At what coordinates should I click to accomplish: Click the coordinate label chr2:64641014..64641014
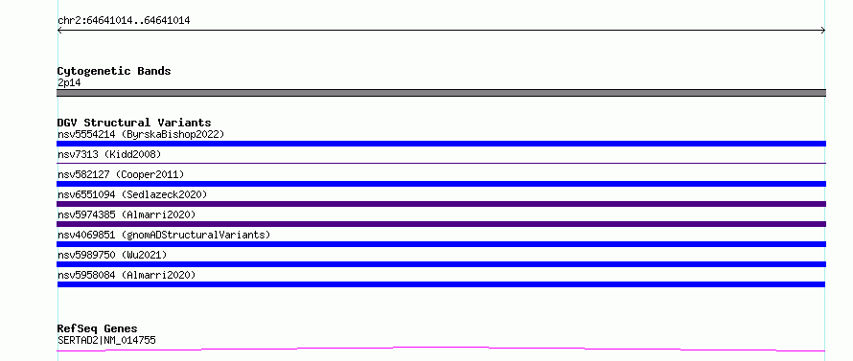coord(124,21)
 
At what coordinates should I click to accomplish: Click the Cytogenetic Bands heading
coord(114,71)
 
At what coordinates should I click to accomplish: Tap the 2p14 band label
coord(69,83)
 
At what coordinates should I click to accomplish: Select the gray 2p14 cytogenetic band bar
coord(441,93)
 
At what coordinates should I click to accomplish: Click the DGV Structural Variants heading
coord(134,123)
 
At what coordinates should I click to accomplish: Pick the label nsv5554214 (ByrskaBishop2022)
coord(141,134)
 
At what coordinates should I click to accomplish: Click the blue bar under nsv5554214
coord(441,144)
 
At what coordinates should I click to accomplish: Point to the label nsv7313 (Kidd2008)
coord(109,154)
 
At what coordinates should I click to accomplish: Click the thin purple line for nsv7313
coord(441,163)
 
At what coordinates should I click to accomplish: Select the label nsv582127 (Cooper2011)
coord(121,174)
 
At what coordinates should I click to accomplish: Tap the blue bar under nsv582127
coord(441,184)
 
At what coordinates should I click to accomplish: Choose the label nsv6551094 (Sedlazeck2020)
coord(132,194)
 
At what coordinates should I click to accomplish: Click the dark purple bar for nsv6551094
coord(441,204)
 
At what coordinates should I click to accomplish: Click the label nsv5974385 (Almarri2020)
coord(127,214)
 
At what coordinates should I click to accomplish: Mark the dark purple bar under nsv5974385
coord(441,224)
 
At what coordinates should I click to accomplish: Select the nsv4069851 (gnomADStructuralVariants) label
coord(164,235)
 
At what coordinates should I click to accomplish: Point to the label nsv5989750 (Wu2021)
coord(112,255)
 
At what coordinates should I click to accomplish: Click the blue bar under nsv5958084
coord(441,284)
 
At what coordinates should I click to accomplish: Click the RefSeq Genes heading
coord(98,329)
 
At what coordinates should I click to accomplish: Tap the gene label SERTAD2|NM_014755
coord(106,341)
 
